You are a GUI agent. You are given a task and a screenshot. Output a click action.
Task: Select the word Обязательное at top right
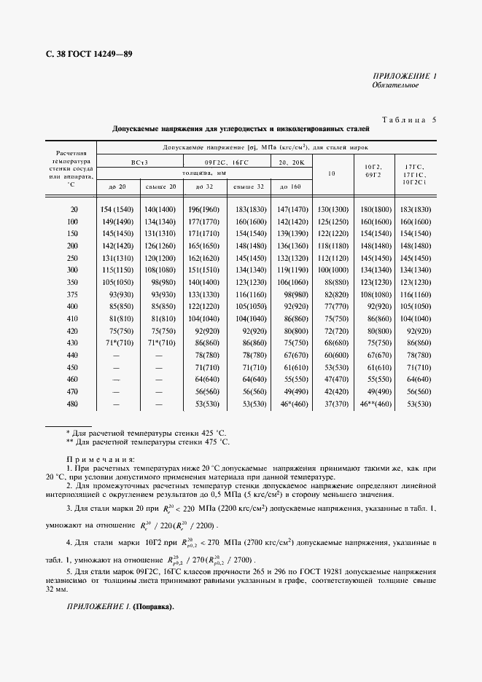point(394,85)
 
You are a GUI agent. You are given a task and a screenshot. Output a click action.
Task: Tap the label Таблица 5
point(408,119)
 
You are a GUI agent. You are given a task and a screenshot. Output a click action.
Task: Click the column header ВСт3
point(139,162)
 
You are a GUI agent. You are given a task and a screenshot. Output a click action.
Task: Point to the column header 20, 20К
point(291,162)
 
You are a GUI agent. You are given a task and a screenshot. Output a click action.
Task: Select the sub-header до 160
point(291,187)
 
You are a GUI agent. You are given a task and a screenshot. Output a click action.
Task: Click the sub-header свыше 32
point(248,187)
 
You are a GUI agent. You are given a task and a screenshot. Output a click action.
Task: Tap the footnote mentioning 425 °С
point(147,433)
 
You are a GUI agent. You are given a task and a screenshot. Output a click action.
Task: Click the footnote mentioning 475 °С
point(147,442)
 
